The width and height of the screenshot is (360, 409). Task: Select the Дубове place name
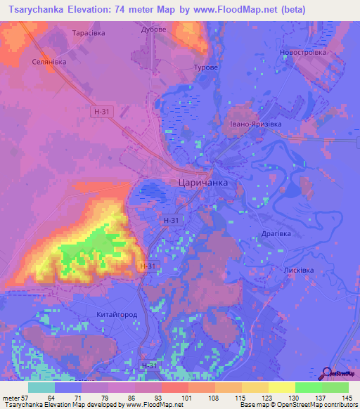pyautogui.click(x=153, y=30)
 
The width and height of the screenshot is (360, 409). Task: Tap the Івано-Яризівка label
pyautogui.click(x=255, y=124)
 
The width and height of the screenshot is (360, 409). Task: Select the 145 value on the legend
pyautogui.click(x=348, y=397)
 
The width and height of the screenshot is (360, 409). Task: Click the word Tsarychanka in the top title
pyautogui.click(x=41, y=10)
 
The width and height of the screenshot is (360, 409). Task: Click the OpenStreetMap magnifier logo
pyautogui.click(x=328, y=372)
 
